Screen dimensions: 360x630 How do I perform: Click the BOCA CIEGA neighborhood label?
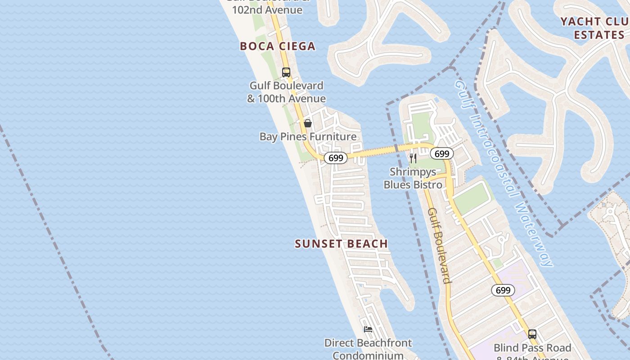(278, 46)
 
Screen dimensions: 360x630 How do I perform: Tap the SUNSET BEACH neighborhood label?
(341, 244)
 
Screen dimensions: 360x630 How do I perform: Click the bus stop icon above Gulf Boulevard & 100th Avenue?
(286, 72)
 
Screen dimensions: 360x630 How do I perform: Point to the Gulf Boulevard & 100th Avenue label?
(286, 92)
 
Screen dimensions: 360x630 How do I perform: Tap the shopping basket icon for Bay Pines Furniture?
(308, 123)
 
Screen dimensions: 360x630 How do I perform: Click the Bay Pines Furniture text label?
(308, 136)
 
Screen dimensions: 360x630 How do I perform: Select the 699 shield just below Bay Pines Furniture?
(336, 158)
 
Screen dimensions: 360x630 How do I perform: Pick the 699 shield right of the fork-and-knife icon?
(442, 154)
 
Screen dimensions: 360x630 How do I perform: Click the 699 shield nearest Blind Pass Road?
(503, 290)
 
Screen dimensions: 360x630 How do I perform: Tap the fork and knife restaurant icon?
(413, 158)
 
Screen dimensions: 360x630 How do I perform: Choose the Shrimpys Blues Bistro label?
(413, 178)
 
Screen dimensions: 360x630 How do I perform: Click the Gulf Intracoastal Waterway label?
(503, 173)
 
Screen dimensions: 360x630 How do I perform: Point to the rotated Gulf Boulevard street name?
(439, 245)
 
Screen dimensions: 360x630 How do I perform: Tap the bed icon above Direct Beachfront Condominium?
(368, 329)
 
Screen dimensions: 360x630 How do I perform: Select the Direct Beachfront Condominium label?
(368, 349)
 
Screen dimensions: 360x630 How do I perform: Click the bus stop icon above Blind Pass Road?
(532, 334)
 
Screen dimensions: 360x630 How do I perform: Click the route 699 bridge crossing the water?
(382, 151)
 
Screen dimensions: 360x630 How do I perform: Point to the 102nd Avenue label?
(267, 9)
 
